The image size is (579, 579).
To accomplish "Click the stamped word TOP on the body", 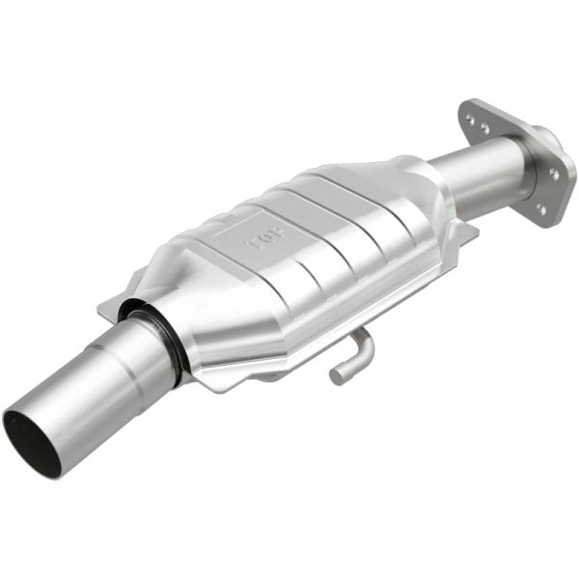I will click(268, 235).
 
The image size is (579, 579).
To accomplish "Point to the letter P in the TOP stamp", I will click(282, 228).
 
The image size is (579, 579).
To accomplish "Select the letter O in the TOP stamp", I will click(268, 236).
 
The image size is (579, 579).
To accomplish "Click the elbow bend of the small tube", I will click(363, 340).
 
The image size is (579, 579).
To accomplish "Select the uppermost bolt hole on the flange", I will click(470, 121).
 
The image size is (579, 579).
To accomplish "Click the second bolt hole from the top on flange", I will click(484, 128).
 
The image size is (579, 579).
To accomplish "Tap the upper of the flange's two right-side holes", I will click(553, 174).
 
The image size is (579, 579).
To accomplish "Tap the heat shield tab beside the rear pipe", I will click(466, 232).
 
